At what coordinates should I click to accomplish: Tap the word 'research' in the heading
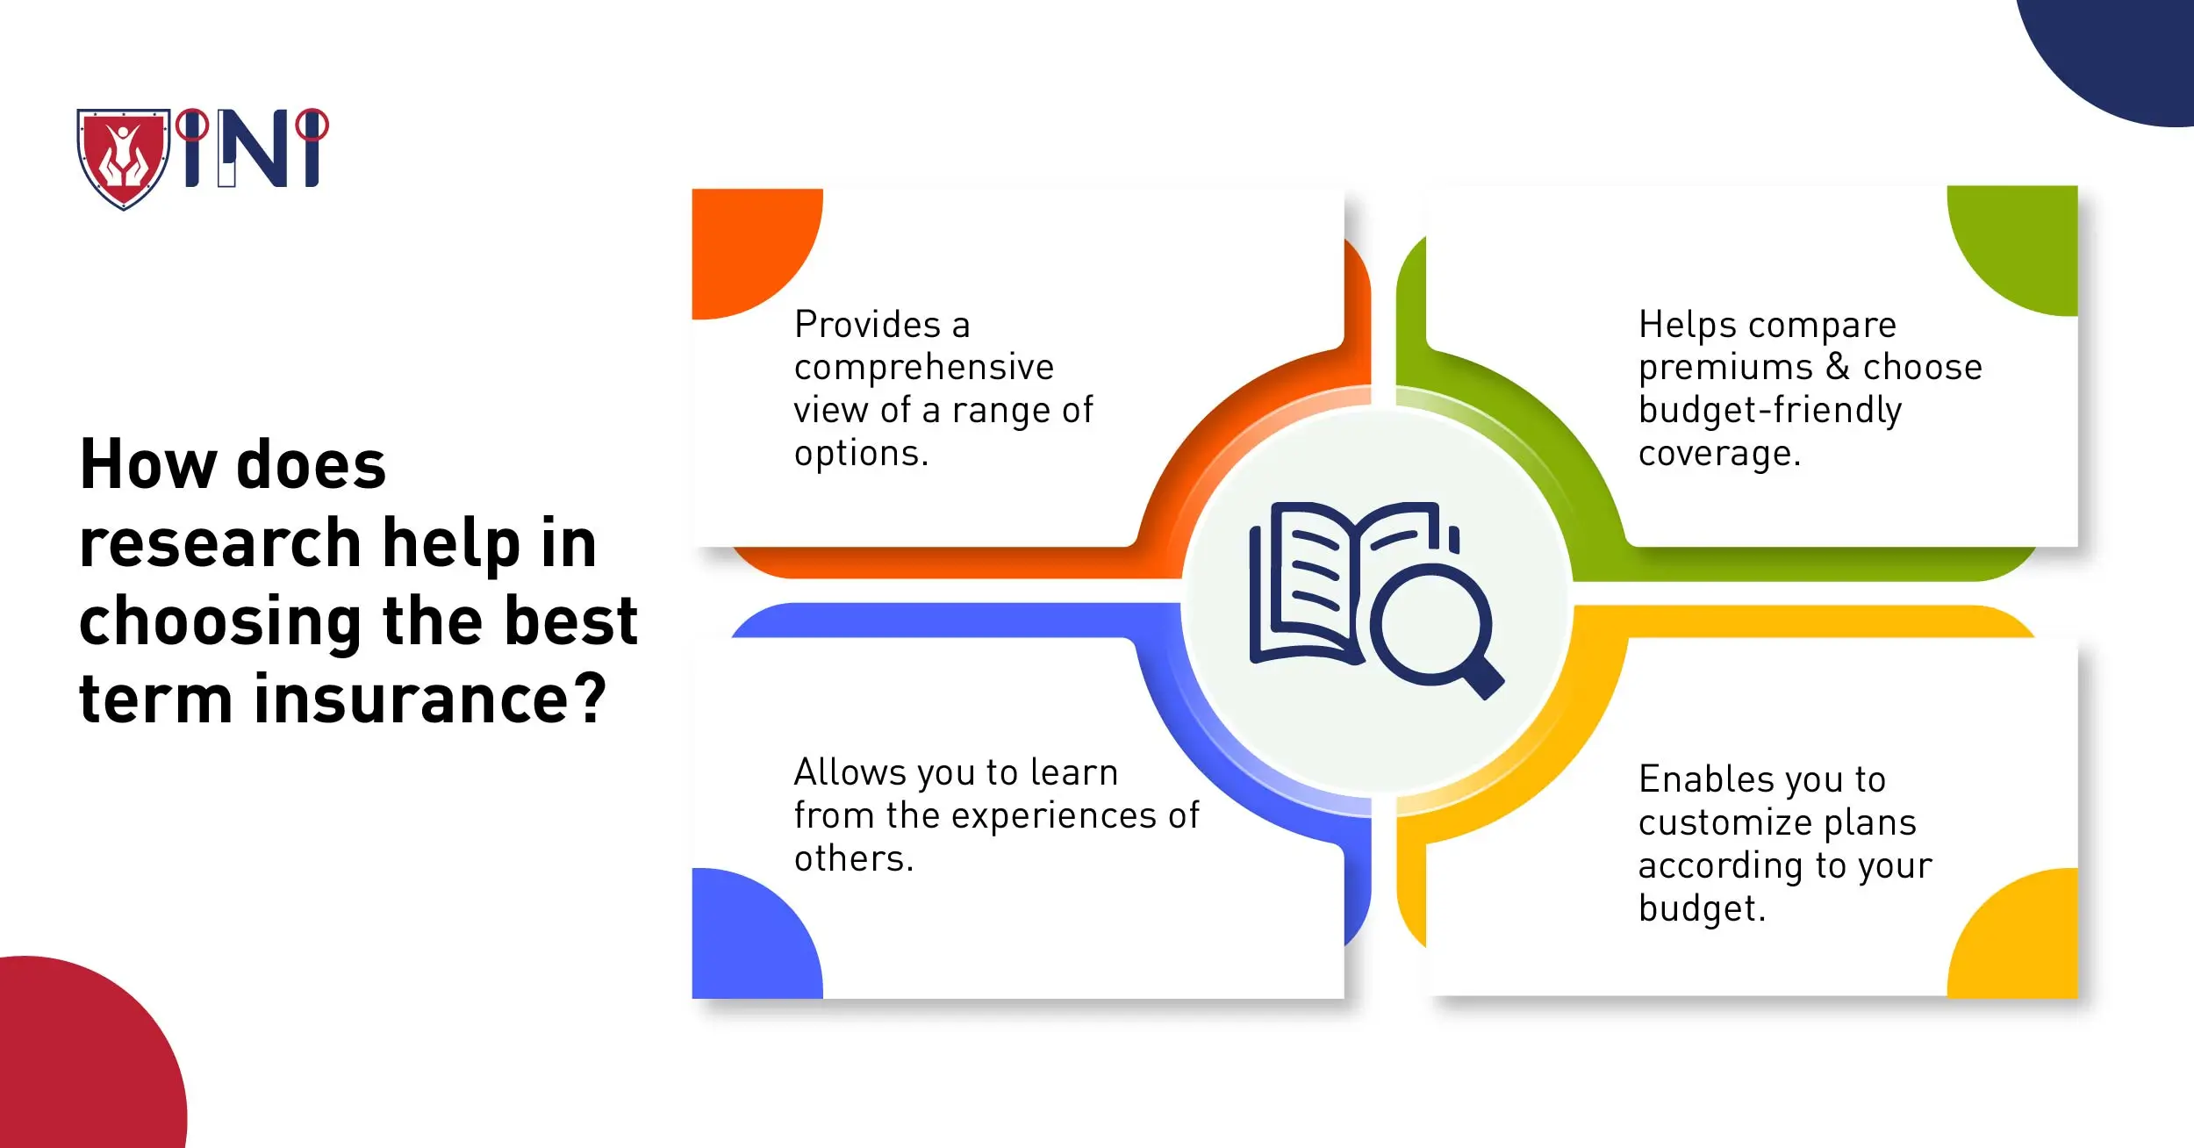[x=220, y=543]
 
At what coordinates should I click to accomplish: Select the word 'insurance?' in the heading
[x=430, y=700]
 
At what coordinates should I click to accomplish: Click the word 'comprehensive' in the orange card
[x=923, y=368]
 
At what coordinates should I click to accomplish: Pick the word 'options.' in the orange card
[x=861, y=454]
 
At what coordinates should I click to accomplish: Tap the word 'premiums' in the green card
[x=1725, y=368]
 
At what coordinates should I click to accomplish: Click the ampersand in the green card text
[x=1838, y=367]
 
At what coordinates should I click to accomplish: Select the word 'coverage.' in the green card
[x=1719, y=454]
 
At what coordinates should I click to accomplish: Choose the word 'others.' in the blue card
[x=854, y=858]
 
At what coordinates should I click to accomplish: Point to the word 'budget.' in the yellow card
[x=1702, y=909]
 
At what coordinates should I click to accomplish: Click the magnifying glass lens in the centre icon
[x=1430, y=627]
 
